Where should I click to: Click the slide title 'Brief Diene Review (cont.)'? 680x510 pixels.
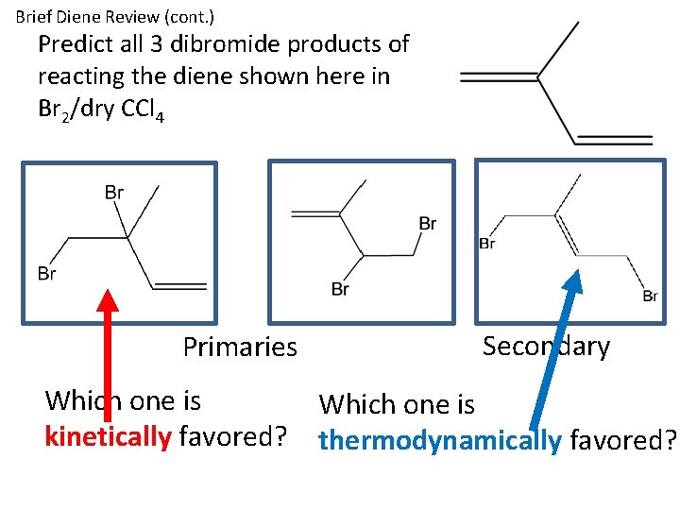[115, 17]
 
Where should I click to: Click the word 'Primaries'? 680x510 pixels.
[240, 348]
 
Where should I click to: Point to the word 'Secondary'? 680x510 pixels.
[546, 347]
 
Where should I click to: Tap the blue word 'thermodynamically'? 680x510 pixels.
[440, 440]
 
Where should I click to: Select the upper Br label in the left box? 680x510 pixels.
[114, 193]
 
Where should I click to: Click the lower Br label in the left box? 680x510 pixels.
[47, 274]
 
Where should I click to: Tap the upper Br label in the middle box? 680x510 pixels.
[427, 224]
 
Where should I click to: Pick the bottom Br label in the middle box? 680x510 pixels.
[341, 288]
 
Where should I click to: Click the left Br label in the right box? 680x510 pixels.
[487, 244]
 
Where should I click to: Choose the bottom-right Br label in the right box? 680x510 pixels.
[650, 297]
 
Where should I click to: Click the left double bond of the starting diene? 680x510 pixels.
[499, 76]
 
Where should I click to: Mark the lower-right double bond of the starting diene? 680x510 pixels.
[614, 140]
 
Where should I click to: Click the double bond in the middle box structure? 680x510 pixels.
[316, 212]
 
